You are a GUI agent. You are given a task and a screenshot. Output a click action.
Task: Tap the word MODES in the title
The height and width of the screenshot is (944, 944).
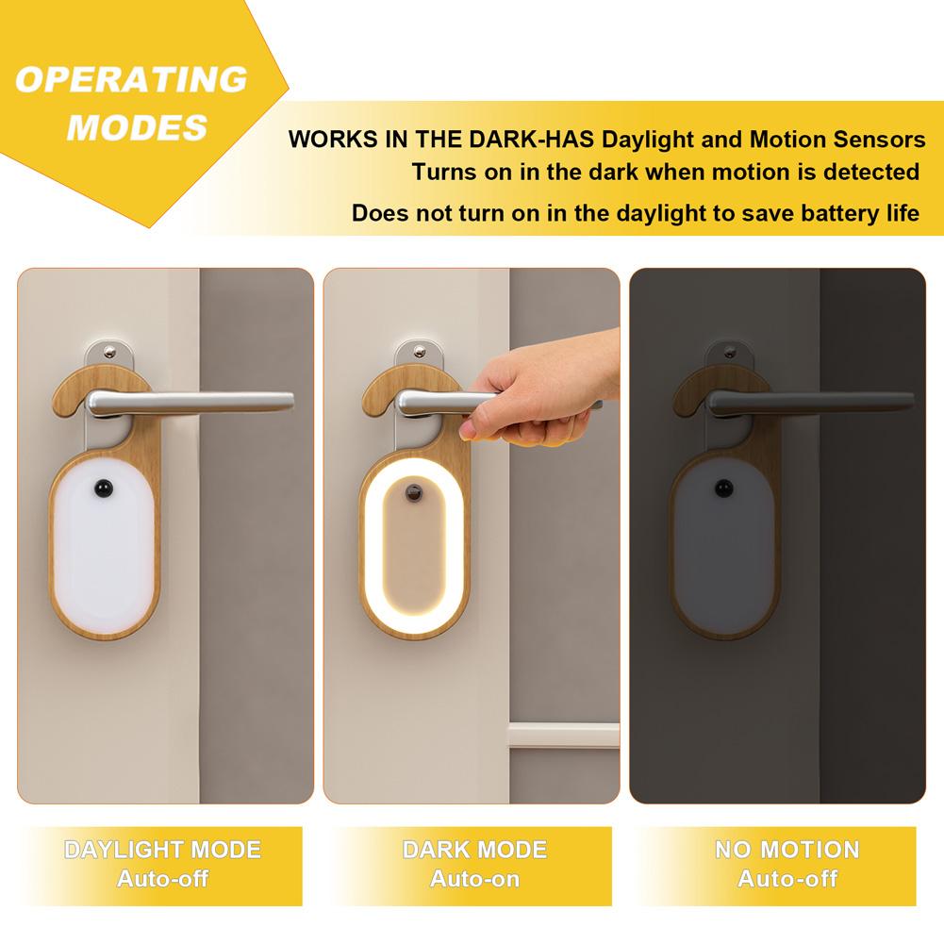point(138,127)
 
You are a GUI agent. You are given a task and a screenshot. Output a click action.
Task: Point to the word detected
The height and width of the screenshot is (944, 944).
point(870,172)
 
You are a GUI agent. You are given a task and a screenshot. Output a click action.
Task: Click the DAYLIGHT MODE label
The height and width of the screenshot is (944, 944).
point(162,850)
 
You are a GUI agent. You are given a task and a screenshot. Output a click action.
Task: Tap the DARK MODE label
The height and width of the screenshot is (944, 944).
point(474,850)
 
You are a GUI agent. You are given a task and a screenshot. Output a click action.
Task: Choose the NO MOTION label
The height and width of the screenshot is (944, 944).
point(787,850)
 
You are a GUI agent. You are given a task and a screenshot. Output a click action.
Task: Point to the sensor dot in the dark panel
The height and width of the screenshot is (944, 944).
point(723,489)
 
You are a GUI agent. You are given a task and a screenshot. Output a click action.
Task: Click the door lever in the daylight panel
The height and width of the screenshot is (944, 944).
point(189,403)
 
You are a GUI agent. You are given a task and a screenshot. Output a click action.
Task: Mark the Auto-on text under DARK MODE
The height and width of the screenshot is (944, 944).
point(474,879)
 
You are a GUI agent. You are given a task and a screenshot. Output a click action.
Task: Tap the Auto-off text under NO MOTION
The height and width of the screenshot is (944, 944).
point(787,879)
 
